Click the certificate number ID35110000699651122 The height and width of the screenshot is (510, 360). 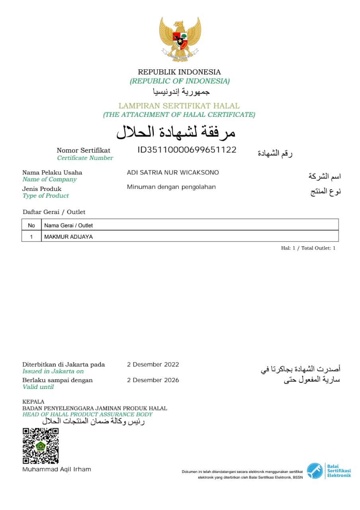[187, 150]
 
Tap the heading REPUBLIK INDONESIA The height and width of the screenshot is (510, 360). [179, 72]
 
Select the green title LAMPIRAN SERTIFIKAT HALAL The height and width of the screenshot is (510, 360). [179, 106]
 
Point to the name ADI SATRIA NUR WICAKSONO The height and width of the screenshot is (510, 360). [173, 173]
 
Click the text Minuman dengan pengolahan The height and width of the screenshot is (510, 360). [171, 187]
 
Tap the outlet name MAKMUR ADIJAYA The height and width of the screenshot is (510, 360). [68, 237]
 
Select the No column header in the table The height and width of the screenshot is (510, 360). [31, 226]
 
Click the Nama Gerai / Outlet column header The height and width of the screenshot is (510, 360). [68, 226]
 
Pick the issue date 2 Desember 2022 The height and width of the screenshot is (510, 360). [153, 365]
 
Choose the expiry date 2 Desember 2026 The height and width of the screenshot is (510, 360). [153, 380]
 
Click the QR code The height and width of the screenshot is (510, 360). [40, 446]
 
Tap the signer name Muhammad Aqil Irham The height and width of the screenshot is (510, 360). [57, 469]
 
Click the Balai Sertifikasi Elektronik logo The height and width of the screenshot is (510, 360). [329, 471]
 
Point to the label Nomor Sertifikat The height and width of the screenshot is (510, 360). [84, 151]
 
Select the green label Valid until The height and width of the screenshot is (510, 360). [38, 387]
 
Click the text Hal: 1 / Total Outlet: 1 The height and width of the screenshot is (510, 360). [308, 248]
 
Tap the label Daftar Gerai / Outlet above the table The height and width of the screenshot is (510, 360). [54, 212]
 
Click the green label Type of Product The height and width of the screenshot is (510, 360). [46, 196]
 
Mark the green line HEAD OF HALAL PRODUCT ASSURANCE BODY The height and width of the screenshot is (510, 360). [88, 414]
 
